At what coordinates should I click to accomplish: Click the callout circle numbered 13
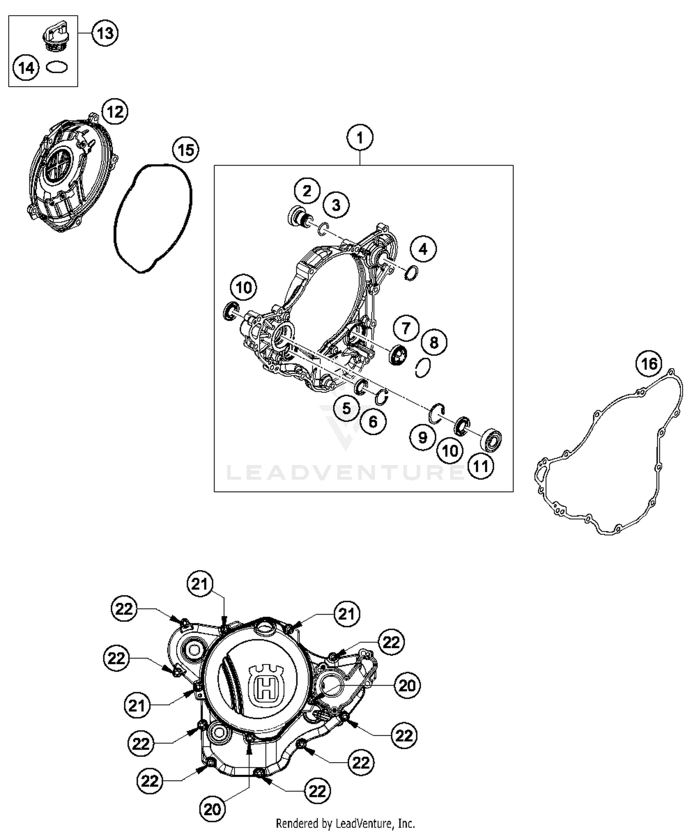point(105,33)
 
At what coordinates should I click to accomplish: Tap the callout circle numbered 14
point(26,68)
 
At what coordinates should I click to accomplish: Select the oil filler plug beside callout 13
point(54,36)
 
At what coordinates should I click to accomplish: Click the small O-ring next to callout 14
point(57,68)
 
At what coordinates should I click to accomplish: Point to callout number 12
point(115,112)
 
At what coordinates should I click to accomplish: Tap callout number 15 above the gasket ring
point(185,150)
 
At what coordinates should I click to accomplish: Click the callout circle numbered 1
point(360,138)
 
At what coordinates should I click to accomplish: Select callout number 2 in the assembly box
point(307,190)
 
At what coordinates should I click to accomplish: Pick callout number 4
point(423,249)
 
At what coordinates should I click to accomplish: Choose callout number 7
point(406,329)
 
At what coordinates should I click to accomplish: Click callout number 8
point(434,342)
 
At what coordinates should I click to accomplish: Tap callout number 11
point(481,466)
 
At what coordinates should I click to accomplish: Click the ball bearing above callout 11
point(491,440)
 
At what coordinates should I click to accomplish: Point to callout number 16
point(649,364)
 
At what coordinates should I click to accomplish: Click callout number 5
point(346,408)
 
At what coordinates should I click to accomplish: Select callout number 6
point(373,422)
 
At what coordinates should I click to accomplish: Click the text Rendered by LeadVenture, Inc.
point(345,823)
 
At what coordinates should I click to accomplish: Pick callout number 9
point(423,437)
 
